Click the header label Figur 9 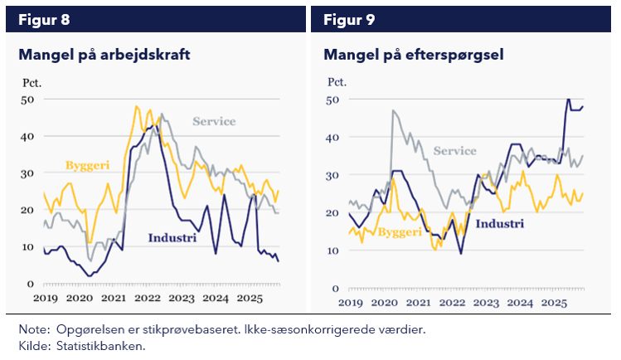point(349,20)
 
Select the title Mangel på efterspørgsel point(414,56)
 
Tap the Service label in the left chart point(214,122)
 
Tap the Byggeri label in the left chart point(87,166)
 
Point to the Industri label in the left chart point(172,239)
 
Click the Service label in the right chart point(455,151)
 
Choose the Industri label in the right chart point(500,224)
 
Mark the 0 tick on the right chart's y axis point(336,289)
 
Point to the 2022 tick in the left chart point(148,298)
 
